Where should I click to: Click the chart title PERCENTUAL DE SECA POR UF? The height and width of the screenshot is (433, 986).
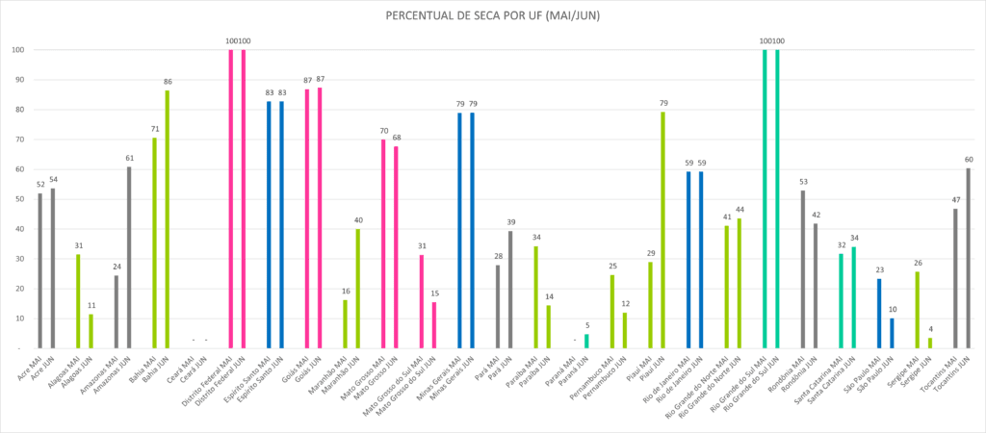click(x=492, y=16)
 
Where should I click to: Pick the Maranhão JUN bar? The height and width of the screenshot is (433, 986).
click(x=358, y=289)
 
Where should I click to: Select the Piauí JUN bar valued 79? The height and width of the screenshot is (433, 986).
click(x=663, y=231)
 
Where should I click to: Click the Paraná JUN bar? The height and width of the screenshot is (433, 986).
click(x=586, y=341)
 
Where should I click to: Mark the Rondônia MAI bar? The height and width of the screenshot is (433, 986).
click(x=803, y=269)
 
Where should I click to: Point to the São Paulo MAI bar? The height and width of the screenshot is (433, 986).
click(x=879, y=314)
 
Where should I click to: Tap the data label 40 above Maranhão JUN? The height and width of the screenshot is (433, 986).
click(x=358, y=219)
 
